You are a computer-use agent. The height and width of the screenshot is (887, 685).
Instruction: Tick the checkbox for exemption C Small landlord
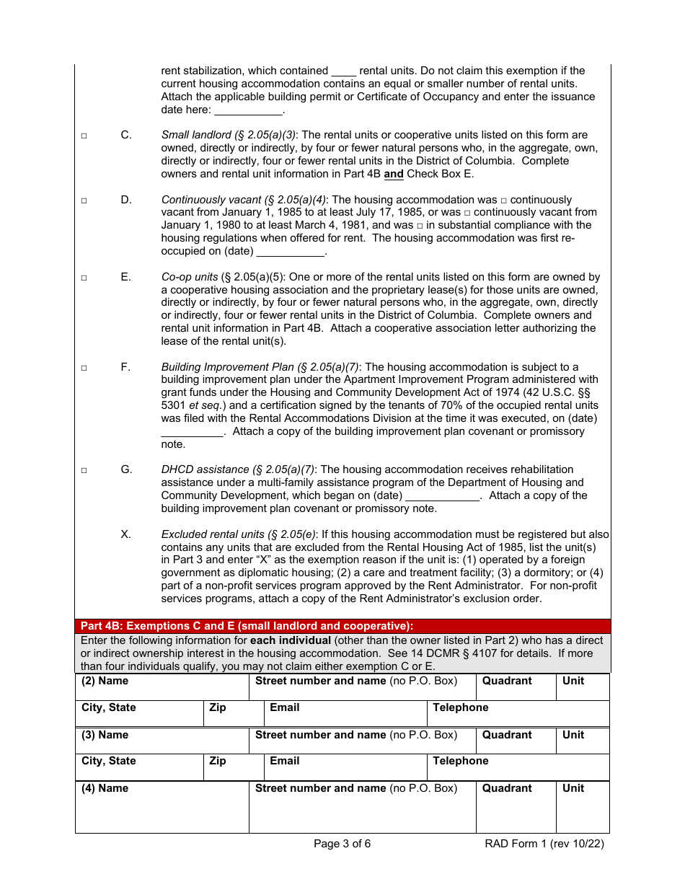tap(84, 136)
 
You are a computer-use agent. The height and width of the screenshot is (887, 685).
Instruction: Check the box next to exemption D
tap(84, 200)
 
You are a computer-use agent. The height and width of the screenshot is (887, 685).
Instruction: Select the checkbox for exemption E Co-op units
tap(84, 278)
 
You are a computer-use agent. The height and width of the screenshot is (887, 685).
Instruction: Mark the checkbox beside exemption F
tap(84, 368)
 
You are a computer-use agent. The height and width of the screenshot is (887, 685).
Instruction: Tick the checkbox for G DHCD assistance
tap(84, 470)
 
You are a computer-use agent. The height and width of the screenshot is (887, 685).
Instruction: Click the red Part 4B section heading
tap(247, 626)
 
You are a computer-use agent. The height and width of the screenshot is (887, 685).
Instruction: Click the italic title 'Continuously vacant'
tap(211, 200)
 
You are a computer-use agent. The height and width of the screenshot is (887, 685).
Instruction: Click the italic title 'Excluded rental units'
tap(213, 534)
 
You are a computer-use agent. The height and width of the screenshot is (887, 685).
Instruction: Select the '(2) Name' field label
tap(105, 681)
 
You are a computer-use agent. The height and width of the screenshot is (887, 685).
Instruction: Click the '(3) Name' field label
tap(105, 735)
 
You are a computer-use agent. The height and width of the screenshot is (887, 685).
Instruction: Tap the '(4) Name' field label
tap(105, 788)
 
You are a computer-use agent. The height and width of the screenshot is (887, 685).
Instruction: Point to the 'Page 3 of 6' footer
tap(342, 844)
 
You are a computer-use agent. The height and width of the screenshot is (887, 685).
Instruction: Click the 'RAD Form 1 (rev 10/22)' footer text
tap(544, 844)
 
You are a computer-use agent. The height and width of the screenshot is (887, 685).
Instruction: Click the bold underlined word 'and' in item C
tap(394, 174)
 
